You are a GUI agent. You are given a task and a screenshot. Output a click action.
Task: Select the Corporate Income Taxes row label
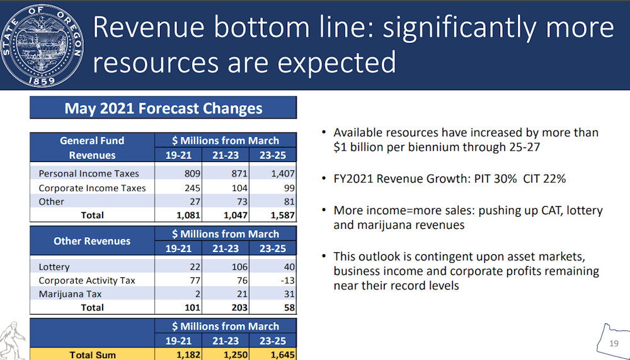pyautogui.click(x=92, y=188)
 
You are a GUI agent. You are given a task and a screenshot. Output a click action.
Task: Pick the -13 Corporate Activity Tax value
pyautogui.click(x=284, y=281)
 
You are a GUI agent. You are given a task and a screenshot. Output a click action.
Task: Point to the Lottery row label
pyautogui.click(x=54, y=267)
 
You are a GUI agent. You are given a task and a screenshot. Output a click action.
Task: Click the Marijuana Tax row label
pyautogui.click(x=70, y=294)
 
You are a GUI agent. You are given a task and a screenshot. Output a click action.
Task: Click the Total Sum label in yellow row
pyautogui.click(x=93, y=355)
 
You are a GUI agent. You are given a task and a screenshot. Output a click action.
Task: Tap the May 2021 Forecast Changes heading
pyautogui.click(x=163, y=108)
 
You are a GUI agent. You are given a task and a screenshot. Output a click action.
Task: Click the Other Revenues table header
pyautogui.click(x=92, y=241)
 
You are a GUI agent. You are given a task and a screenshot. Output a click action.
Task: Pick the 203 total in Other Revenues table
pyautogui.click(x=236, y=308)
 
